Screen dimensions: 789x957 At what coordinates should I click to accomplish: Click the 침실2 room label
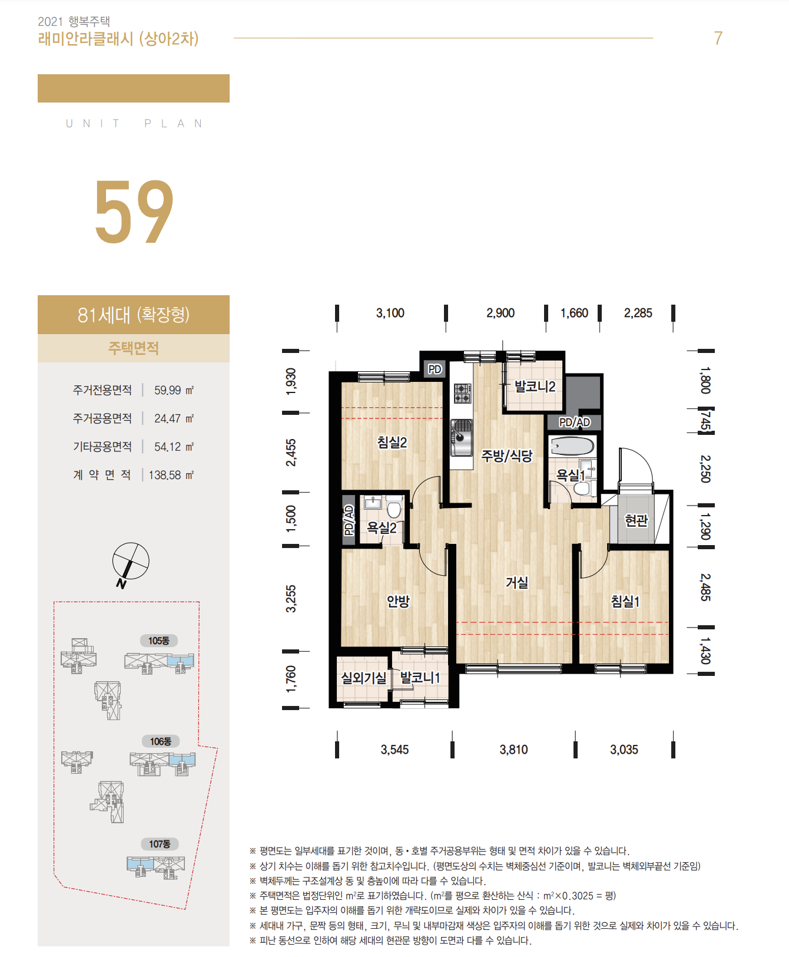pos(392,442)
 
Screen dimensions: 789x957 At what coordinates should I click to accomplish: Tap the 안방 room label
pos(398,601)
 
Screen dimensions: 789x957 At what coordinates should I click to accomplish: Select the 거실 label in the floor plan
pos(517,582)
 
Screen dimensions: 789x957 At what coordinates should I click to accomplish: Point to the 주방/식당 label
pos(507,456)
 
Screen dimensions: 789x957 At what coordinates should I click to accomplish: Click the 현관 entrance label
pos(636,520)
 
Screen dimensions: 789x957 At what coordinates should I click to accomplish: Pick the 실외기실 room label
pos(364,678)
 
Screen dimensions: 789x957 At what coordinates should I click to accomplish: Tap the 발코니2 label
pos(535,387)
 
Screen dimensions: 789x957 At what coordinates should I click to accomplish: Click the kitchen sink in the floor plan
pos(462,437)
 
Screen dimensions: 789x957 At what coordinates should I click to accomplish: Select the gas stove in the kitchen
pos(462,393)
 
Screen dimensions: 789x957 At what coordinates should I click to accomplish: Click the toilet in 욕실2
pos(394,507)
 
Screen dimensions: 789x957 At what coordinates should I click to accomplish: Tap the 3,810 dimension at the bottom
pos(513,750)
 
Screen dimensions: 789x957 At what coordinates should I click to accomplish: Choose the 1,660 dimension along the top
pos(574,313)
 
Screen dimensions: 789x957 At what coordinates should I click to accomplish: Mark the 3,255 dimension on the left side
pos(291,599)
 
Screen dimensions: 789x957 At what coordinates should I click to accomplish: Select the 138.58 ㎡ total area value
pos(171,475)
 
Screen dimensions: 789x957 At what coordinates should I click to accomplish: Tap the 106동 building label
pos(160,741)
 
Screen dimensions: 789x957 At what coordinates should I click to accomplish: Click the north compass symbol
pos(131,562)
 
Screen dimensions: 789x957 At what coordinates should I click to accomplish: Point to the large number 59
pos(134,212)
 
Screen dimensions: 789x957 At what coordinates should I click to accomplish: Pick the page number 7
pos(718,38)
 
